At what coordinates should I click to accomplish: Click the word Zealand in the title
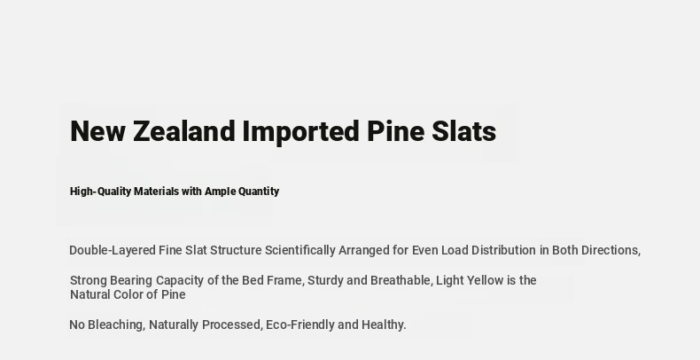tap(184, 131)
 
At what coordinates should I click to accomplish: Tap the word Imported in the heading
tap(300, 132)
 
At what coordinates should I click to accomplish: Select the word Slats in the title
tap(463, 131)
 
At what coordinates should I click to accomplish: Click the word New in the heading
tap(97, 131)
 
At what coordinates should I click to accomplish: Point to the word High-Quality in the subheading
tap(100, 192)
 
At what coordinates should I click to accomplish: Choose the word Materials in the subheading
tap(156, 192)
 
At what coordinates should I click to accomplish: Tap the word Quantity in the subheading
tap(259, 192)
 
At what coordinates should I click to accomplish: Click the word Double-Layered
tap(112, 251)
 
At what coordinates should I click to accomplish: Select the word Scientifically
tap(300, 251)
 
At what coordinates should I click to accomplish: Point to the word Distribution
tap(503, 250)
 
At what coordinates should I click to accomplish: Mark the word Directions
tap(611, 251)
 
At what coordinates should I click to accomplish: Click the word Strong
tap(89, 281)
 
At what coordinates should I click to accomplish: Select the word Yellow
tap(486, 280)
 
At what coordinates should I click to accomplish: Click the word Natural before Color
tap(90, 294)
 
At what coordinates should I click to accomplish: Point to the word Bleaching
tap(116, 325)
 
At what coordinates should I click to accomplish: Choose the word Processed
tap(232, 325)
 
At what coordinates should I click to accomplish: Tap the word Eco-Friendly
tap(300, 325)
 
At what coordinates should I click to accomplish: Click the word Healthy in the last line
tap(384, 325)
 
